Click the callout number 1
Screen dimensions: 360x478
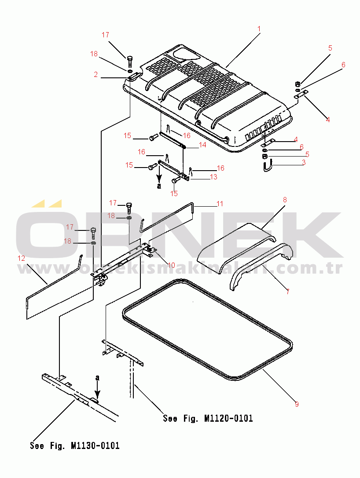coord(259,29)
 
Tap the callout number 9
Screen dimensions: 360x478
coord(297,404)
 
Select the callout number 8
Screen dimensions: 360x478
coord(285,200)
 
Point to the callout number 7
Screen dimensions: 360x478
coord(288,292)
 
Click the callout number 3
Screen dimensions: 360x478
coord(304,162)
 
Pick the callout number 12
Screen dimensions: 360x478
coord(22,259)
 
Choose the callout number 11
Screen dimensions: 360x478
coord(220,204)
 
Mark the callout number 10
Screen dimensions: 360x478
coord(172,265)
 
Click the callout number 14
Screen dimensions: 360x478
coord(202,145)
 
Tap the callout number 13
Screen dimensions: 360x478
coord(213,177)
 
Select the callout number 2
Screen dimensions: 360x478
coord(96,74)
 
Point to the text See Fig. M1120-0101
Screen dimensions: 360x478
coord(208,418)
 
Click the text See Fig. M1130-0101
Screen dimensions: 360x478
coord(75,446)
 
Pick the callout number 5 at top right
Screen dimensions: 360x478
coord(330,48)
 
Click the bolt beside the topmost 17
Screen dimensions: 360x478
coord(129,62)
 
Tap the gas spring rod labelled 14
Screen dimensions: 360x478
coord(172,140)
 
